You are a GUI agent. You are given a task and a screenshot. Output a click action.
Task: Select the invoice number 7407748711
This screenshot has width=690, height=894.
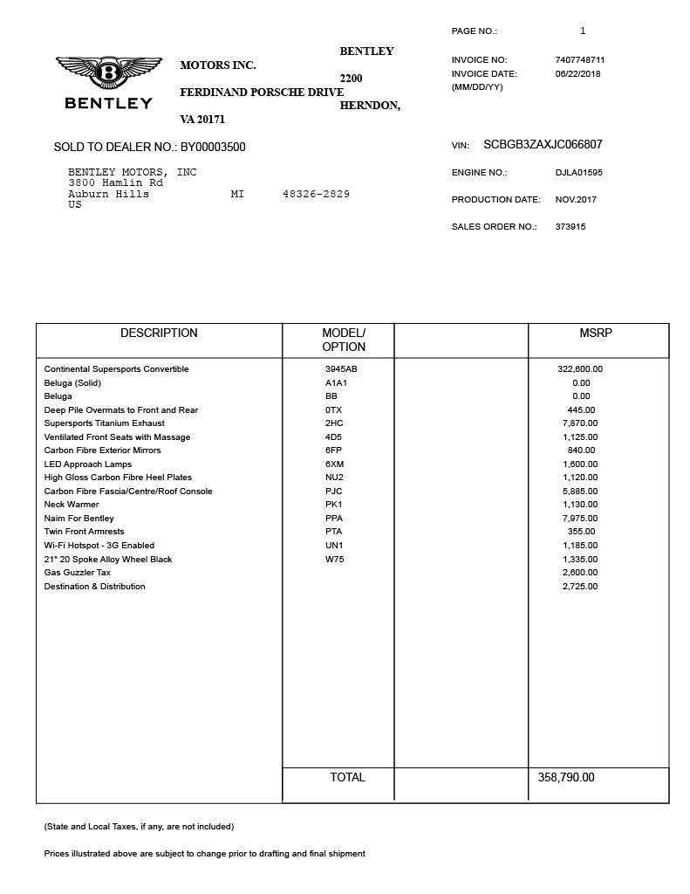pyautogui.click(x=579, y=60)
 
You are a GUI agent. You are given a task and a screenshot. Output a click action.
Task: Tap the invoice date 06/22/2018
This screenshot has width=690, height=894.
pyautogui.click(x=577, y=74)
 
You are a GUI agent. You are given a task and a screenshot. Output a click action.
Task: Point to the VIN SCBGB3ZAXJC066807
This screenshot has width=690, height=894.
pyautogui.click(x=543, y=145)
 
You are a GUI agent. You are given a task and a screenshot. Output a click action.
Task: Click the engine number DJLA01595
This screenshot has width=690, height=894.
pyautogui.click(x=578, y=173)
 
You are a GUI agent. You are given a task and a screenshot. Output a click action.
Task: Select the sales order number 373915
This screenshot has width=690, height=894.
pyautogui.click(x=570, y=227)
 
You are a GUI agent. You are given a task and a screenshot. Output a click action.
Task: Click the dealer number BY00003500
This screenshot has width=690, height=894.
pyautogui.click(x=213, y=148)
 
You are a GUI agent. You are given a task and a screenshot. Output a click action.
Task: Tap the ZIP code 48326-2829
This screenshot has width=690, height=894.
pyautogui.click(x=316, y=194)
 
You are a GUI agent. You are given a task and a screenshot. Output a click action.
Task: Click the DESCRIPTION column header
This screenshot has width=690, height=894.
pyautogui.click(x=159, y=334)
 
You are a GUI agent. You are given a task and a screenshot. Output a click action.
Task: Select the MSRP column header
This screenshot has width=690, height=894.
pyautogui.click(x=596, y=334)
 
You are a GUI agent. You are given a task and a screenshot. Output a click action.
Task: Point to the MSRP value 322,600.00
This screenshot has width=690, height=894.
pyautogui.click(x=580, y=369)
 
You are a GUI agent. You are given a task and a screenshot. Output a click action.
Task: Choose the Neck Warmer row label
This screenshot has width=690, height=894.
pyautogui.click(x=72, y=505)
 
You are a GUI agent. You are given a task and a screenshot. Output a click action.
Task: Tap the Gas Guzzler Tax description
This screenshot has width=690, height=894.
pyautogui.click(x=78, y=573)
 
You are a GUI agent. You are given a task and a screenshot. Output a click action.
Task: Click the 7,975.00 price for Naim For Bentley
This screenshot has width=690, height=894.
pyautogui.click(x=580, y=519)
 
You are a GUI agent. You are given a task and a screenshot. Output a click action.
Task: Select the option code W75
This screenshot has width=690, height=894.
pyautogui.click(x=335, y=560)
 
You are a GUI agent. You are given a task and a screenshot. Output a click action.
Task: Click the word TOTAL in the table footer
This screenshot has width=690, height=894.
pyautogui.click(x=347, y=778)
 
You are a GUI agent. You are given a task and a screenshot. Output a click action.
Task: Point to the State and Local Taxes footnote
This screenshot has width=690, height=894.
pyautogui.click(x=139, y=827)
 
